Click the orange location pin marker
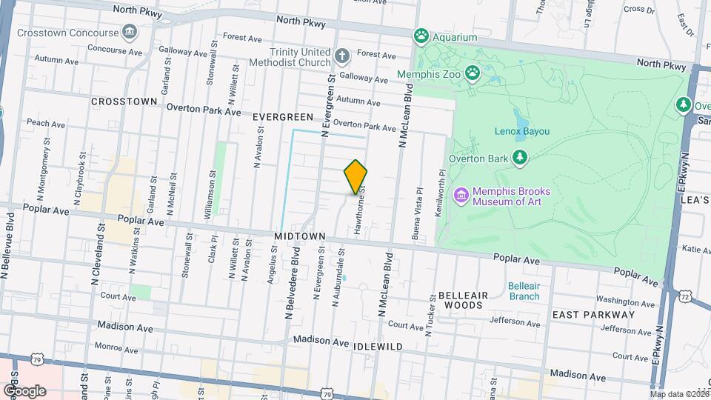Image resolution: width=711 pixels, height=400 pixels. coord(356,176)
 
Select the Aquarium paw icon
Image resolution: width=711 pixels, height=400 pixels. coord(422,36)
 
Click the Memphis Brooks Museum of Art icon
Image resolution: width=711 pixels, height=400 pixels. coord(461,195)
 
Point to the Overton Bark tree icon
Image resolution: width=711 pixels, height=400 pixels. coord(521,157)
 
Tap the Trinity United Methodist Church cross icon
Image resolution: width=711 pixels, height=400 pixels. coord(341,56)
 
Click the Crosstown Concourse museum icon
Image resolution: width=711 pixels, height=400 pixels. coord(130,33)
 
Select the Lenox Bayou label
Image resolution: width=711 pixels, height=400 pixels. coord(521,131)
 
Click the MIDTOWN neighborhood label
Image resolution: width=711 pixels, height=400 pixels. coord(300,236)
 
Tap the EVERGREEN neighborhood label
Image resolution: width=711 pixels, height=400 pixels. coord(283,117)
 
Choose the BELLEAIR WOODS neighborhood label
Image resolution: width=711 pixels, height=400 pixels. coord(463,300)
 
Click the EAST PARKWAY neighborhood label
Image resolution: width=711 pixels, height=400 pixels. coord(593,314)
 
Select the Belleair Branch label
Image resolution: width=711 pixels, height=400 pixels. coord(524,291)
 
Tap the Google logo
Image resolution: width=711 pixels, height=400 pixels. coord(24,390)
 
